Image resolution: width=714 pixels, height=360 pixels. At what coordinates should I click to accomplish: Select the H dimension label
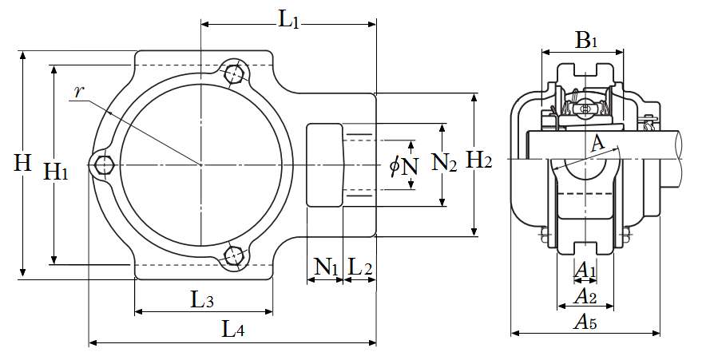(x=23, y=164)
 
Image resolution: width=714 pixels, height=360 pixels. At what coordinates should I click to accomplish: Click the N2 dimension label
(x=444, y=164)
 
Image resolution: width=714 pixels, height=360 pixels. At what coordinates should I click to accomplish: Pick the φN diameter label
(x=404, y=166)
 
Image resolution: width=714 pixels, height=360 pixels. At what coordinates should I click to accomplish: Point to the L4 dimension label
(x=232, y=329)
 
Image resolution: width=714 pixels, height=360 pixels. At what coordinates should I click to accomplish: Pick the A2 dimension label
(x=586, y=297)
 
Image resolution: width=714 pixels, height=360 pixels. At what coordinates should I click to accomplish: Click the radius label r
(x=78, y=92)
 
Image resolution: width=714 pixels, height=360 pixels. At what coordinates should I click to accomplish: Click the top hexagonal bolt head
(x=234, y=74)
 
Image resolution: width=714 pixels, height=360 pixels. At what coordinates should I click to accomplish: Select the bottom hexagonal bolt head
(x=234, y=255)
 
